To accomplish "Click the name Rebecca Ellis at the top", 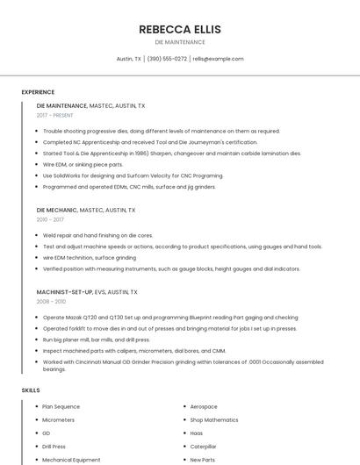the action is pos(179,29).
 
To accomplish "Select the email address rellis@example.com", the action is pos(218,59).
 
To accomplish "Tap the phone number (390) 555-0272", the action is pos(167,59).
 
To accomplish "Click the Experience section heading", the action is pos(38,91).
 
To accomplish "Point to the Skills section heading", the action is pos(31,390).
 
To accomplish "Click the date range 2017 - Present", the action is pos(54,115).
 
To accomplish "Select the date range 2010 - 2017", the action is pos(49,219).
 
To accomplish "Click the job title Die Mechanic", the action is pos(57,211).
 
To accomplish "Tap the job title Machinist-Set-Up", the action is pos(65,291).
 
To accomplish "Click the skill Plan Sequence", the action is pos(61,406).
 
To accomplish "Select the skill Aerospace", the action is pos(204,406).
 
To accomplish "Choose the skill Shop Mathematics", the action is pos(214,419).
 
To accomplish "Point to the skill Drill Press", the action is pos(54,446).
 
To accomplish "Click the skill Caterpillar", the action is pos(203,446).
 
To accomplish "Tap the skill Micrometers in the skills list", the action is pos(58,419).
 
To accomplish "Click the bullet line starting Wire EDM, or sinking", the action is pos(83,164).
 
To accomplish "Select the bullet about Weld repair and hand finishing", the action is pos(97,235).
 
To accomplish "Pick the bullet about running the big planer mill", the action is pos(96,339).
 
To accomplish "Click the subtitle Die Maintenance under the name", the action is pos(179,42).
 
